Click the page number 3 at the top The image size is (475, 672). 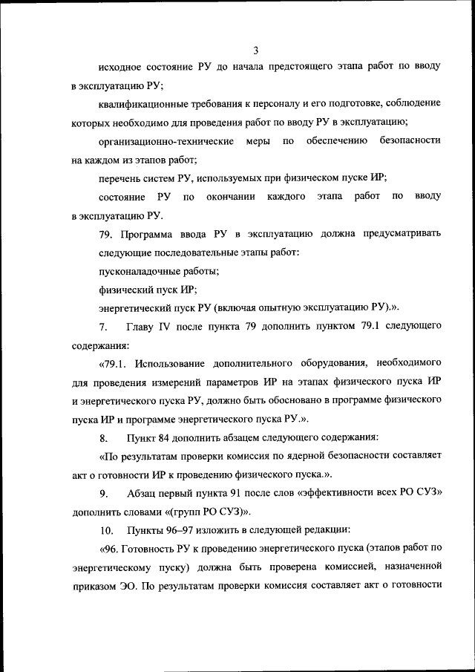(255, 50)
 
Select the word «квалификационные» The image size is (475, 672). (142, 103)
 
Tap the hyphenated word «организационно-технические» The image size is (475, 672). (166, 140)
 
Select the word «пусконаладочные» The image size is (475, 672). (138, 270)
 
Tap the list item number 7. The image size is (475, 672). (104, 327)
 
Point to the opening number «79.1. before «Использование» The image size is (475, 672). (116, 363)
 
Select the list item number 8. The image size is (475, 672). (104, 437)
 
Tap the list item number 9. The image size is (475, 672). (104, 493)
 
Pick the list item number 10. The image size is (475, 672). (106, 530)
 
